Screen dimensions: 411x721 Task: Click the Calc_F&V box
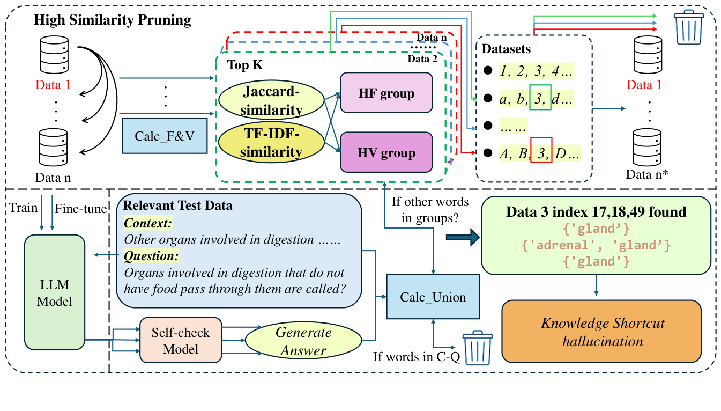(165, 135)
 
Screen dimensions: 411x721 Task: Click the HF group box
(386, 93)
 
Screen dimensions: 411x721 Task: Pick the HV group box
(386, 152)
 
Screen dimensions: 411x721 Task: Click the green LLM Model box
(54, 293)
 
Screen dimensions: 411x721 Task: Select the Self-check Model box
(180, 340)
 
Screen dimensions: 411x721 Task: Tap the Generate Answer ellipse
(303, 341)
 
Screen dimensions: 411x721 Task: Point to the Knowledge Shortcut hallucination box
(602, 332)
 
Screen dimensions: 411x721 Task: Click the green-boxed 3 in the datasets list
(540, 98)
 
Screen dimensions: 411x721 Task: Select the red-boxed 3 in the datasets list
(541, 153)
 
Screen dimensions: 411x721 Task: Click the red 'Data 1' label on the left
(54, 84)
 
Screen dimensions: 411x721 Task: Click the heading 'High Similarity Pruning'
(112, 20)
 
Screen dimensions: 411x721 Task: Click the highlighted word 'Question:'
(151, 256)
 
